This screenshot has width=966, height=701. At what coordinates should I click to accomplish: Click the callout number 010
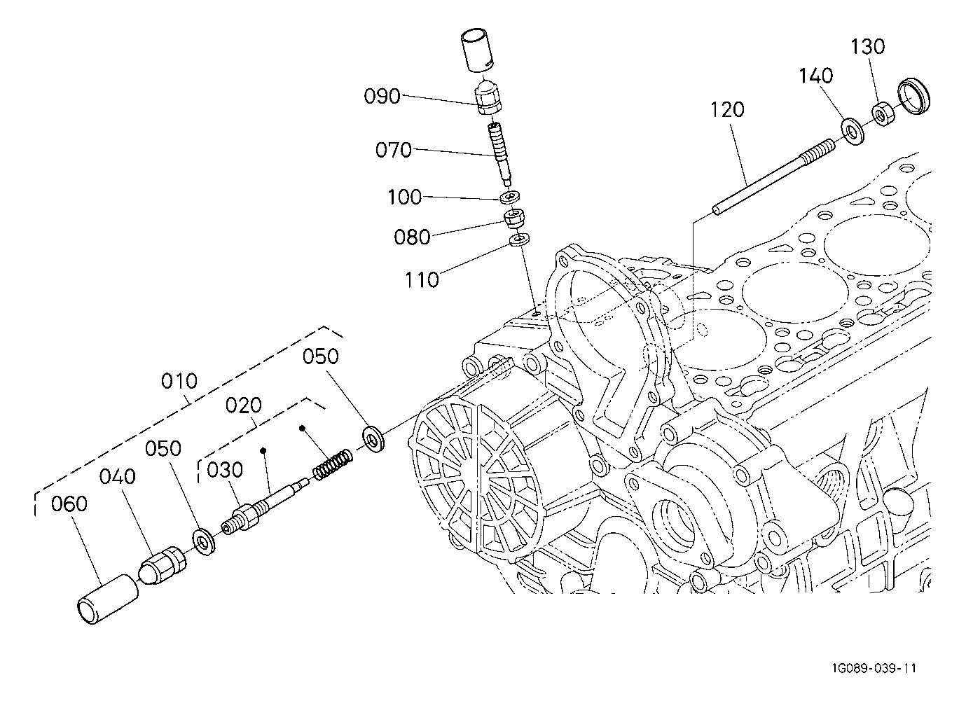(x=179, y=381)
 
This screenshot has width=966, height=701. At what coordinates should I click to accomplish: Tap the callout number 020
(x=244, y=405)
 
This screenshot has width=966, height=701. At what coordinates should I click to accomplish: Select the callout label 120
(x=727, y=110)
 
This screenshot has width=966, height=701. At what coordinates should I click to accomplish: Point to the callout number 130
(x=867, y=46)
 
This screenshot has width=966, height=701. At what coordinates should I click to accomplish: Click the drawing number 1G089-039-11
(x=874, y=668)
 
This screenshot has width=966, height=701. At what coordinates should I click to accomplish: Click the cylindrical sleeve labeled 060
(x=108, y=599)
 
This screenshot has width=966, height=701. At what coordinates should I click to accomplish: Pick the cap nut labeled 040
(x=163, y=565)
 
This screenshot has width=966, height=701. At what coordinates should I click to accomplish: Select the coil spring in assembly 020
(x=333, y=465)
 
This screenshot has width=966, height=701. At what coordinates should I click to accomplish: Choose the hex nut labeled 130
(x=883, y=114)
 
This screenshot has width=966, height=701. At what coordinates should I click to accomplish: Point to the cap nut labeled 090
(x=489, y=97)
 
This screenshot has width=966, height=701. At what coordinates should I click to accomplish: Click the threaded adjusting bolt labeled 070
(x=500, y=153)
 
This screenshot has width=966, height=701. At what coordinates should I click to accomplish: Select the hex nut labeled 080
(x=514, y=218)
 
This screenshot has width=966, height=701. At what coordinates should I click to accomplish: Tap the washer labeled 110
(x=519, y=240)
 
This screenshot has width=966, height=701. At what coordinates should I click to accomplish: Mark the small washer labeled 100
(x=509, y=197)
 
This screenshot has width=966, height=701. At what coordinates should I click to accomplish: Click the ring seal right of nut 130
(x=913, y=97)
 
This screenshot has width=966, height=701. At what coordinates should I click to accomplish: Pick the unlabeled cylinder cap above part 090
(x=478, y=50)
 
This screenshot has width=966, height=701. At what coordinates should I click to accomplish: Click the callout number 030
(x=225, y=470)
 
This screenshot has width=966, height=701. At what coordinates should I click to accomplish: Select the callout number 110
(x=422, y=280)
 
